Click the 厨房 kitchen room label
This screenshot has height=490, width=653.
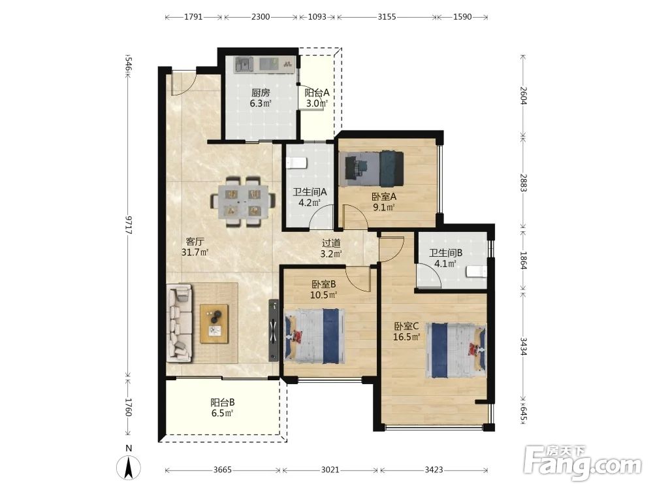pyautogui.click(x=261, y=93)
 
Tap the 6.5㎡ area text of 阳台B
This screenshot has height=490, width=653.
pyautogui.click(x=222, y=413)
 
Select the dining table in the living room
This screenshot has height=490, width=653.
pyautogui.click(x=243, y=202)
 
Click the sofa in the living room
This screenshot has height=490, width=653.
pyautogui.click(x=180, y=323)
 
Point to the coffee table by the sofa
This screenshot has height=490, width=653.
pyautogui.click(x=214, y=324)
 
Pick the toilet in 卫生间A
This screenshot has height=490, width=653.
pyautogui.click(x=297, y=163)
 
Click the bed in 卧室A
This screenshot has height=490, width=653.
pyautogui.click(x=371, y=169)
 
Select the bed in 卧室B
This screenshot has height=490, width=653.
pyautogui.click(x=315, y=335)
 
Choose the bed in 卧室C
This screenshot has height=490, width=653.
pyautogui.click(x=456, y=350)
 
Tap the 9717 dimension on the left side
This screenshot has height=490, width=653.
pyautogui.click(x=129, y=225)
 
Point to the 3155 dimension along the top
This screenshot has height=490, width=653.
pyautogui.click(x=387, y=17)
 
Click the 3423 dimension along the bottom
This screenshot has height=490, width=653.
pyautogui.click(x=434, y=470)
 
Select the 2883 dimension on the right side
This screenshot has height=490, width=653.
pyautogui.click(x=524, y=183)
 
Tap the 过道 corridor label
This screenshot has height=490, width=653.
pyautogui.click(x=332, y=242)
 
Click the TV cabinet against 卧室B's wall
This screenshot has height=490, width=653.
pyautogui.click(x=273, y=330)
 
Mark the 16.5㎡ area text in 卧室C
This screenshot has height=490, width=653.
pyautogui.click(x=406, y=336)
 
